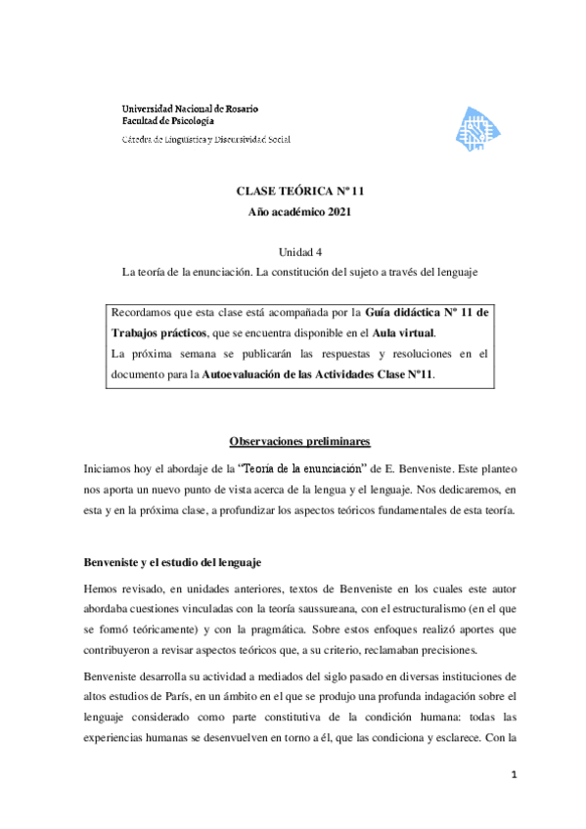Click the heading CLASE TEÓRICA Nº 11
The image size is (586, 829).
pos(293,193)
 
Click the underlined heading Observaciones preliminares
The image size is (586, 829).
pos(293,441)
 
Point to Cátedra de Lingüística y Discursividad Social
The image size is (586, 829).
pos(205,140)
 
